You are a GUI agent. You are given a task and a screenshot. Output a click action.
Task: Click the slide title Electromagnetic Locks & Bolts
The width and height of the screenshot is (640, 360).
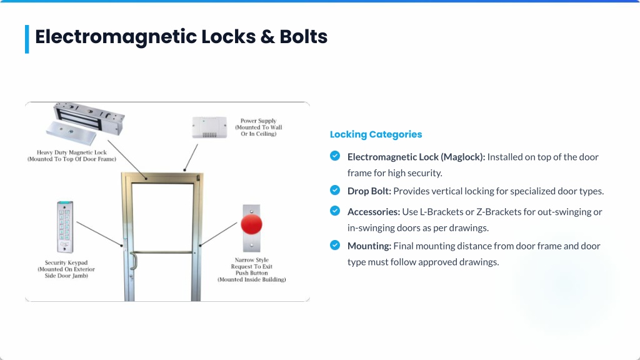coord(181,37)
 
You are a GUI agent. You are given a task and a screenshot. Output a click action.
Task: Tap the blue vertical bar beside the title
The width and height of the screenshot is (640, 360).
coord(27,39)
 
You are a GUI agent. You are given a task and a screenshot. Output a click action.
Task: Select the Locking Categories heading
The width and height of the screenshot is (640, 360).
coord(376,134)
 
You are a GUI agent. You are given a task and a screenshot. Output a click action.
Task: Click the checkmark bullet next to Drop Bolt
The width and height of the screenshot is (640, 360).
coord(335,190)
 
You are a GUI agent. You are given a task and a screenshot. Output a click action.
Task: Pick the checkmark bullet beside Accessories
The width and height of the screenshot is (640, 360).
coord(335,211)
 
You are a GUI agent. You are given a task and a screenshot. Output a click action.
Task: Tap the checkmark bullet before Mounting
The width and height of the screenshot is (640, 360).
coord(335,245)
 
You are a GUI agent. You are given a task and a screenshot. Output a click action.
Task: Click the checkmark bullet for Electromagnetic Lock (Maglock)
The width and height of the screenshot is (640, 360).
coord(335,156)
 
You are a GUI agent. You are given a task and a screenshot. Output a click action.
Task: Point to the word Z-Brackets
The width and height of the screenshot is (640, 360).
coord(499,212)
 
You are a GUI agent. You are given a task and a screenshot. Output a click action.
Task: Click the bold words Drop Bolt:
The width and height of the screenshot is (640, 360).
coord(369,191)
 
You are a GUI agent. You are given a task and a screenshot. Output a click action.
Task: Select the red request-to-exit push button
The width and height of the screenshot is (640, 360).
coord(251,224)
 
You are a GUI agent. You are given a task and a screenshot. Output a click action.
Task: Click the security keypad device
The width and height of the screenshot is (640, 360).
coord(65,227)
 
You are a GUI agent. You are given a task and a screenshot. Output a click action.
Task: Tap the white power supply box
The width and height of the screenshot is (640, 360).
coord(209,127)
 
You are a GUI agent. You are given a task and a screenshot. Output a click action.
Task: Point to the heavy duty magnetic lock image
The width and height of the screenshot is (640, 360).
coord(85,124)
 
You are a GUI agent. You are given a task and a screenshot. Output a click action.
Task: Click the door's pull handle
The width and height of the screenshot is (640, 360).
coord(134,261)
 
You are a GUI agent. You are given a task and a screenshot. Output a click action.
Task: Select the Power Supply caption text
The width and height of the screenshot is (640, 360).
coord(258,127)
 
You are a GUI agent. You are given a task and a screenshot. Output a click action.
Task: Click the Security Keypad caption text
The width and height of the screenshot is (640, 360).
coord(66,269)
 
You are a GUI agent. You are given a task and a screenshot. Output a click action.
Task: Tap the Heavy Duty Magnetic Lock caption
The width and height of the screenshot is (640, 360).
coord(72,156)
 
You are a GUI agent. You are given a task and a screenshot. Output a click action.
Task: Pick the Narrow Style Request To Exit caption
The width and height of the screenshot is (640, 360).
coord(251,269)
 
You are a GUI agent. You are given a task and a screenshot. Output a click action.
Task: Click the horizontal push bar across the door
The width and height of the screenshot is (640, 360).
coord(162,252)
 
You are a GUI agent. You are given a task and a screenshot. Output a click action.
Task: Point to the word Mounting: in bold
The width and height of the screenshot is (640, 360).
coord(369,246)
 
